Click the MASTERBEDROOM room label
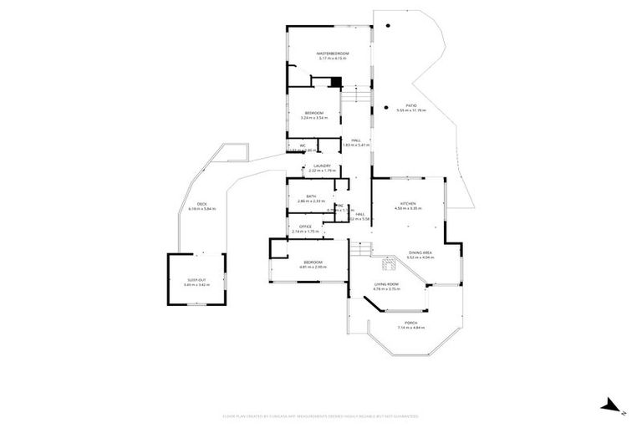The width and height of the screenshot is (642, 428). [x=333, y=53]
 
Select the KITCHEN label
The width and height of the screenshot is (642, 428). [x=408, y=204]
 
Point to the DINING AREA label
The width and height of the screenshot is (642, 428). [x=420, y=252]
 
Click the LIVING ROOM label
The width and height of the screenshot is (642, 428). [x=386, y=285]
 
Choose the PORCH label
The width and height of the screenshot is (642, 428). [x=410, y=322]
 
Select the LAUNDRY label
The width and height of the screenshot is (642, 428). [x=322, y=166]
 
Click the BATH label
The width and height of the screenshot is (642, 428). [x=311, y=196]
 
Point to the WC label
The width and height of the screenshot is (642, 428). [x=303, y=145]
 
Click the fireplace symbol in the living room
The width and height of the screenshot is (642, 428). [x=388, y=265]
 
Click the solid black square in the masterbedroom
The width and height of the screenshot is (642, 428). [x=334, y=82]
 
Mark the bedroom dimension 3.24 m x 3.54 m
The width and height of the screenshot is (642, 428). [x=314, y=118]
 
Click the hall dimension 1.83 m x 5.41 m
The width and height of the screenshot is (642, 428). [x=356, y=145]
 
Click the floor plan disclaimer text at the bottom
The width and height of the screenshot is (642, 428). [x=321, y=415]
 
